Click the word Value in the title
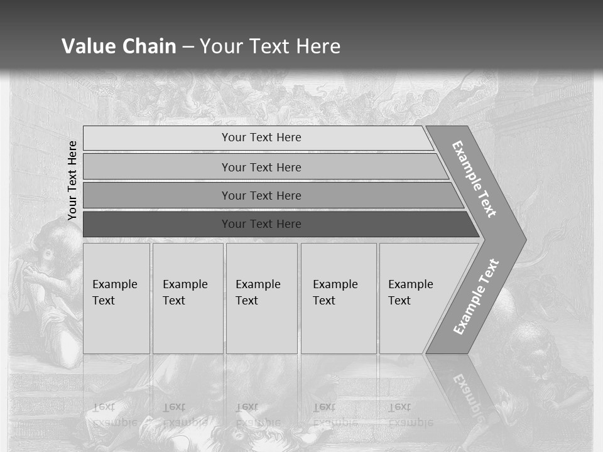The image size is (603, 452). (87, 46)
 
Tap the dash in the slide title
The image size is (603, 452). (188, 46)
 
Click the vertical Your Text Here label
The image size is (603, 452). (72, 180)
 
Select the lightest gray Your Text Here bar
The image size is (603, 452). (261, 137)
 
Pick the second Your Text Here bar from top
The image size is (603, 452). (261, 167)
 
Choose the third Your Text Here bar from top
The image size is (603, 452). (261, 195)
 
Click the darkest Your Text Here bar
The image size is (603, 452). (261, 224)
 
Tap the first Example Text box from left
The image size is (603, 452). (116, 298)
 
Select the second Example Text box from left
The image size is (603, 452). (188, 298)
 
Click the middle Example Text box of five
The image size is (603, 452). (261, 298)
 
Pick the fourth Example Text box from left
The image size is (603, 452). (339, 298)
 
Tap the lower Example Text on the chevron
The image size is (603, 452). (475, 297)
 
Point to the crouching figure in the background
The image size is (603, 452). (53, 282)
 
